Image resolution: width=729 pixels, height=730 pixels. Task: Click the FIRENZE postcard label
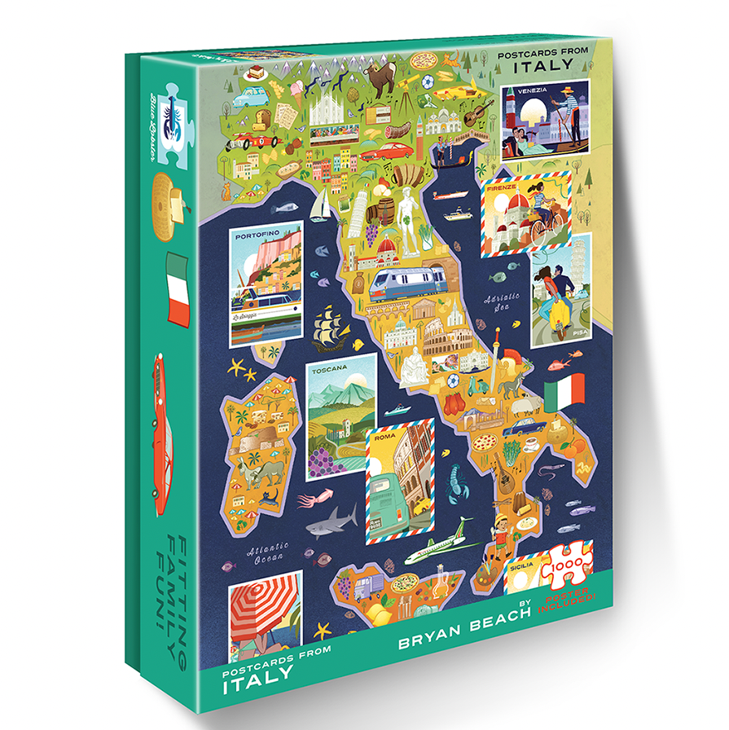pos(501,188)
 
